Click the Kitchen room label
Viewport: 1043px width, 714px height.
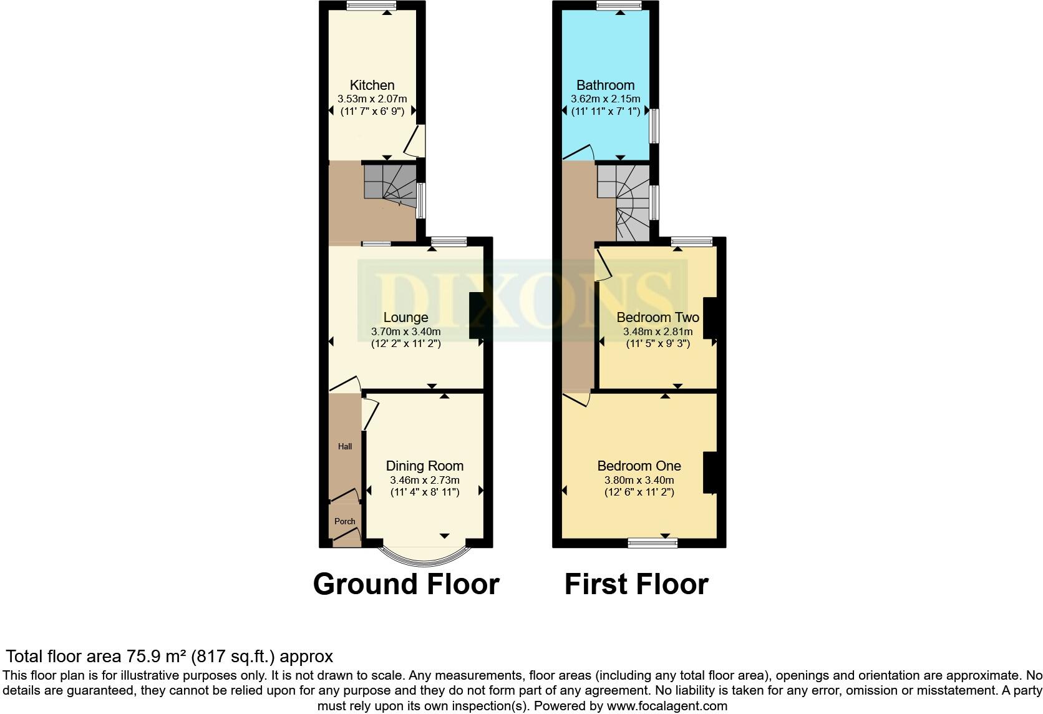(372, 85)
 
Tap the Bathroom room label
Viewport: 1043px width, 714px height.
(605, 85)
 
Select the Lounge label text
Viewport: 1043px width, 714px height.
(405, 318)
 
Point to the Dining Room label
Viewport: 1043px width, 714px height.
(424, 466)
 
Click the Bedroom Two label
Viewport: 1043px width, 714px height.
(657, 318)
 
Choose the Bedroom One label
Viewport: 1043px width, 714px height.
(639, 466)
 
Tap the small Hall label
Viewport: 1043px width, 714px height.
(345, 446)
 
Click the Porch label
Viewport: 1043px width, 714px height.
(345, 521)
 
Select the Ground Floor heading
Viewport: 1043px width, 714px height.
(406, 584)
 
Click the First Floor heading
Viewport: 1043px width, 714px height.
(636, 584)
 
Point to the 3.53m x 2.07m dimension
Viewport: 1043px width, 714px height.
(372, 99)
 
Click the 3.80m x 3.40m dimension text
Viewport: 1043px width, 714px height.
(639, 480)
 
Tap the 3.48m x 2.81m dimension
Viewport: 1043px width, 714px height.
(657, 332)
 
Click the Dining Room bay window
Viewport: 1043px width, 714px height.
(424, 554)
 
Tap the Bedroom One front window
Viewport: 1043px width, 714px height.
(652, 543)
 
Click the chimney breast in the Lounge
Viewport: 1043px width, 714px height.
(476, 315)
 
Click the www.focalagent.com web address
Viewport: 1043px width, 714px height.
(667, 706)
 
